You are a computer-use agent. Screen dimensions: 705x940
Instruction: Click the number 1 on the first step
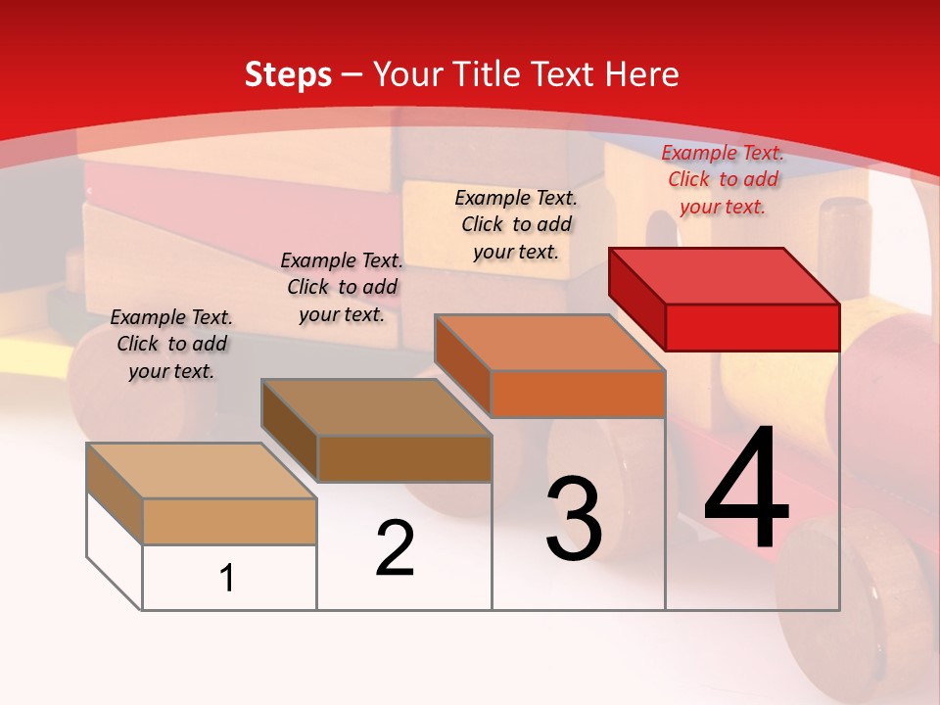point(227,578)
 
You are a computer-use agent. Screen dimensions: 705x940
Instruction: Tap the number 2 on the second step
point(395,547)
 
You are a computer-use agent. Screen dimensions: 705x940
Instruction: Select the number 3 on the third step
point(574,518)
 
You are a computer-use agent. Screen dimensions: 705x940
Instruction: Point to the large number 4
point(746,489)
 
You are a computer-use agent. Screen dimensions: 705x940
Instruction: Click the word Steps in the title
point(288,74)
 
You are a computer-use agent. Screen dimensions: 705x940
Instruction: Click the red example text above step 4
point(723,179)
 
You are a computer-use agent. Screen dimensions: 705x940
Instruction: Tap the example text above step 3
point(516,224)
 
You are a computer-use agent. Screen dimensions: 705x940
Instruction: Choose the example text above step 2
point(342,287)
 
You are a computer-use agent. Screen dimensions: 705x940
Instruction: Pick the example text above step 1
point(171,344)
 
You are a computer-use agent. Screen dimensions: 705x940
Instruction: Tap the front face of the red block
point(752,327)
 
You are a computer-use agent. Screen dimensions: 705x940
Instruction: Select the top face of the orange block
point(550,343)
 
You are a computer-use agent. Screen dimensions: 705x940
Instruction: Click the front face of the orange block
point(578,394)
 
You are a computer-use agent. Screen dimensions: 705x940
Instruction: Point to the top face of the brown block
point(376,406)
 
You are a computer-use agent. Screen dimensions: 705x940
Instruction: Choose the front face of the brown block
point(404,458)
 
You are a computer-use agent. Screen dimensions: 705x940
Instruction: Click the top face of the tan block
point(202,470)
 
